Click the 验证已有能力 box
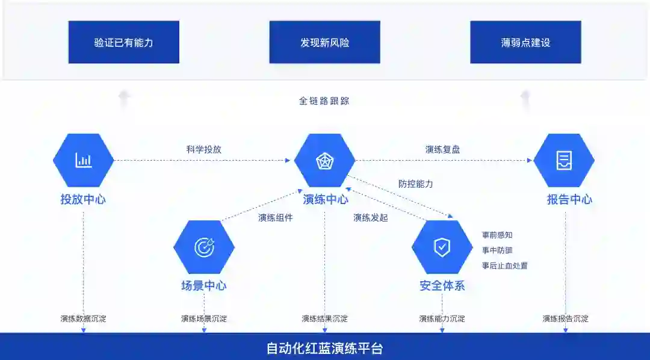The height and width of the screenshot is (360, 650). tap(123, 42)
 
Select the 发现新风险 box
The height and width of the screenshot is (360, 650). tap(324, 42)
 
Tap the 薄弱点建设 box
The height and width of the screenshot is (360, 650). tap(525, 42)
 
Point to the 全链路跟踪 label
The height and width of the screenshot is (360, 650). tap(324, 101)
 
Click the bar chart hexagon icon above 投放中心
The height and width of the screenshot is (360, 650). tap(83, 160)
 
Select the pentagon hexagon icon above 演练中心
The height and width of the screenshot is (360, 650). tap(324, 160)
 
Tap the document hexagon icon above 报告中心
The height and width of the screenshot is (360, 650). tap(564, 160)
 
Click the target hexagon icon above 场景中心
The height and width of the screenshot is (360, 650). tap(204, 247)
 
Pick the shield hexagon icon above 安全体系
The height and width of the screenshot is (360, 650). tap(442, 247)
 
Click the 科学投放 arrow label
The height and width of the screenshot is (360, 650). tap(203, 149)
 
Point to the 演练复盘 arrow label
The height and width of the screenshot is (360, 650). tap(442, 149)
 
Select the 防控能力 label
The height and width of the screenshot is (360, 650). tap(415, 184)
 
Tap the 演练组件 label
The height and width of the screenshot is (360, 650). tap(275, 218)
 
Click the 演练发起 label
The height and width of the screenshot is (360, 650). tap(370, 218)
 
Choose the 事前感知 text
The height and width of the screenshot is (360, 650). tap(497, 235)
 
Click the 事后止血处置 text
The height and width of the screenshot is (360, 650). tap(504, 265)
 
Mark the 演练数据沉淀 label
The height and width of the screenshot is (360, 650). tap(83, 318)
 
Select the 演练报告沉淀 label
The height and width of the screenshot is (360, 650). tap(565, 318)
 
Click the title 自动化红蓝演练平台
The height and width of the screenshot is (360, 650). tap(324, 349)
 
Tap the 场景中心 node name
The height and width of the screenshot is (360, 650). tap(204, 286)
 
